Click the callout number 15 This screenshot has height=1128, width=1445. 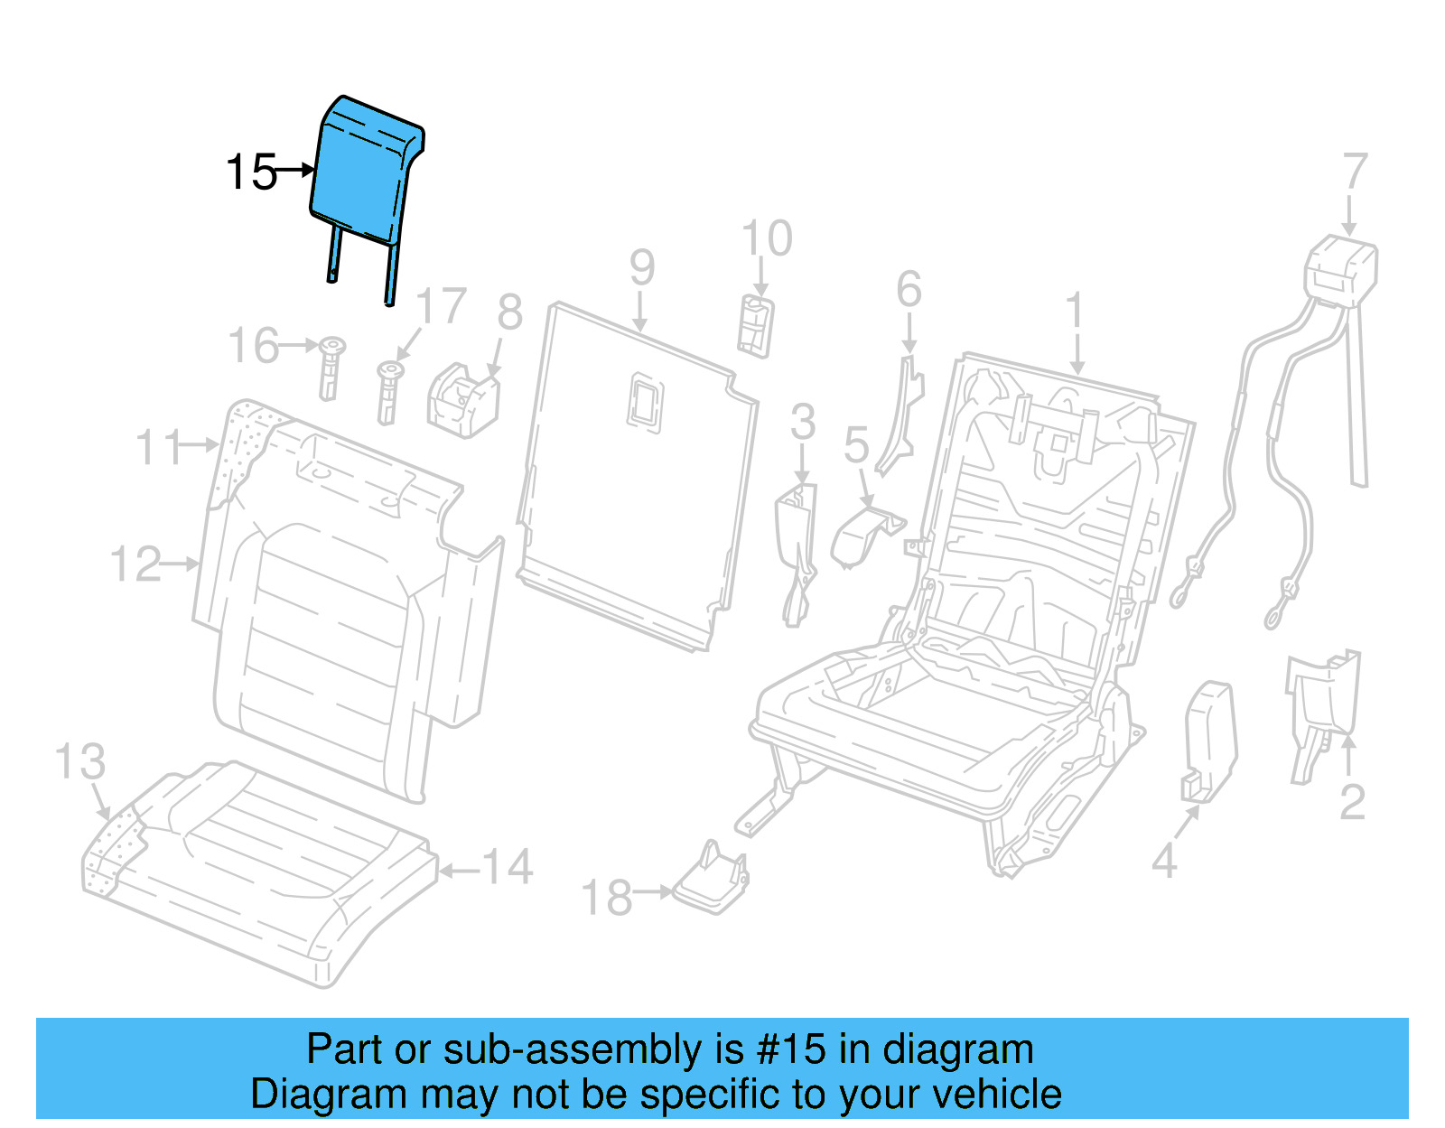click(251, 172)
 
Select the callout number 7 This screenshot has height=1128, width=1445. click(1355, 172)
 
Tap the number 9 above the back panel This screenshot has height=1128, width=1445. click(641, 267)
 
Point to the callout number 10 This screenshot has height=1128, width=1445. click(766, 239)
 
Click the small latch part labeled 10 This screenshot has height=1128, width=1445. click(755, 325)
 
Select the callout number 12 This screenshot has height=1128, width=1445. click(135, 564)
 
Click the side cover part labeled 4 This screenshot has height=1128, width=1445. click(1208, 741)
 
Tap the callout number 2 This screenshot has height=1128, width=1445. click(1352, 802)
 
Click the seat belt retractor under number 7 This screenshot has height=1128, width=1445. click(1341, 266)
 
